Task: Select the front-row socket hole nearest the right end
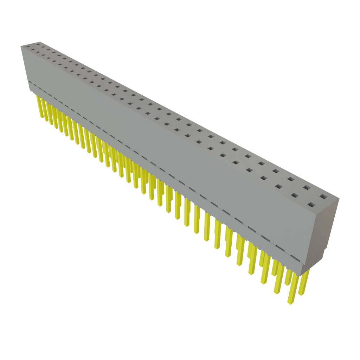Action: [x=311, y=204]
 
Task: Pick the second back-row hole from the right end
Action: [x=307, y=187]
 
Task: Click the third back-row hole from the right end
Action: [x=291, y=179]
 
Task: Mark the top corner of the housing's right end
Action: [x=340, y=198]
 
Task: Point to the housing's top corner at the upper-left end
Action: [x=20, y=46]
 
